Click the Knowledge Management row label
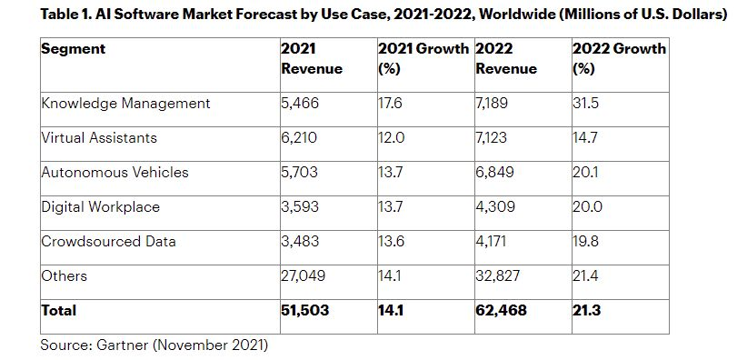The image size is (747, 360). point(125,104)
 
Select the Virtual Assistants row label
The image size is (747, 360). point(99,138)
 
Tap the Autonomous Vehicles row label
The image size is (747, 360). point(115,172)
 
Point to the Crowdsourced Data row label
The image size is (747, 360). point(109,241)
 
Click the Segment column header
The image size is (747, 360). point(74,49)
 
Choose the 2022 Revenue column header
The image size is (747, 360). point(506,59)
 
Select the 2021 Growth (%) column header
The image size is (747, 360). point(423,59)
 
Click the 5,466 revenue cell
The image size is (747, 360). point(300,104)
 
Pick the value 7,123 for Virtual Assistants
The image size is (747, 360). point(491,138)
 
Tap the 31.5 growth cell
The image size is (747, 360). point(586,104)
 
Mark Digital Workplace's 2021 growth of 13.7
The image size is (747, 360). point(391,207)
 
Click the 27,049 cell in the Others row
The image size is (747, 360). point(304,275)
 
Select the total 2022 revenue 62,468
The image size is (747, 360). point(501,310)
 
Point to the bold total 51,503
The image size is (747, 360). point(305,310)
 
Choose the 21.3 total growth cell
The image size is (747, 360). point(587,310)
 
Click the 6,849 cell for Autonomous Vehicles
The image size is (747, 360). point(495,172)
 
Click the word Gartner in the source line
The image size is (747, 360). point(119,345)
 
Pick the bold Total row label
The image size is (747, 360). point(58,310)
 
